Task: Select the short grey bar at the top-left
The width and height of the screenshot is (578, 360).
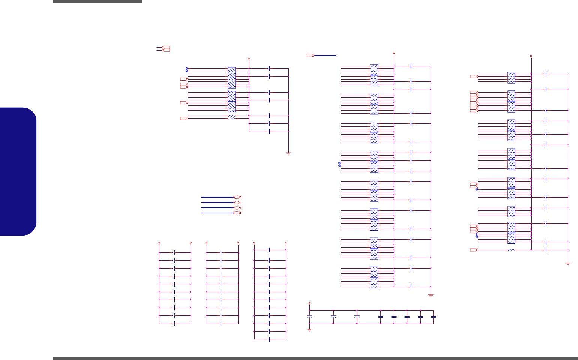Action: click(x=97, y=1)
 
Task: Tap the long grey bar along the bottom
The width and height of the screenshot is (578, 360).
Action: click(x=315, y=358)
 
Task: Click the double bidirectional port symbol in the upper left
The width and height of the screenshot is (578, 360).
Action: click(x=163, y=49)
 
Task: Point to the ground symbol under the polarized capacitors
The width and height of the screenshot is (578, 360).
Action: click(x=310, y=330)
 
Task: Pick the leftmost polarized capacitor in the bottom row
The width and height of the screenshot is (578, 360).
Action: click(x=310, y=317)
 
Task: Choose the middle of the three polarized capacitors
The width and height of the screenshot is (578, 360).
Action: click(x=333, y=317)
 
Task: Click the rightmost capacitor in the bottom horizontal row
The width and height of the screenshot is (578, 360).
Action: click(x=434, y=317)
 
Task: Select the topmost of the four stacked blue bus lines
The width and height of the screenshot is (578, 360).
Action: click(x=217, y=197)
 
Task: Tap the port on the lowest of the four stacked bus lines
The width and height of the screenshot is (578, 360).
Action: click(x=237, y=213)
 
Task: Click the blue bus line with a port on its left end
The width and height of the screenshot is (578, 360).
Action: click(x=325, y=55)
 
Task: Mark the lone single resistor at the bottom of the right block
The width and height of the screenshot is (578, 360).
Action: click(x=511, y=250)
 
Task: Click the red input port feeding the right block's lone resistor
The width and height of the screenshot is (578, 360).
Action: click(x=474, y=250)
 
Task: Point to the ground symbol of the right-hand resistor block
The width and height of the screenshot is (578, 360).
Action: click(x=568, y=264)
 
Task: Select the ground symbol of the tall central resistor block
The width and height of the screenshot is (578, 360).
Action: click(x=431, y=295)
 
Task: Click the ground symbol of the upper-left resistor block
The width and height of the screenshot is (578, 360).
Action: click(x=289, y=153)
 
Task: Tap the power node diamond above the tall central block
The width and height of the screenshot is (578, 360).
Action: click(x=394, y=54)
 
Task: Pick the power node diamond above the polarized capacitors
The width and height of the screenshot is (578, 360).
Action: click(x=309, y=303)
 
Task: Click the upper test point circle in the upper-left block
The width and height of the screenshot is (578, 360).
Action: click(x=187, y=68)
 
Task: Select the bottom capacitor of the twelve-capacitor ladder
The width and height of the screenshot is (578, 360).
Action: click(x=269, y=339)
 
